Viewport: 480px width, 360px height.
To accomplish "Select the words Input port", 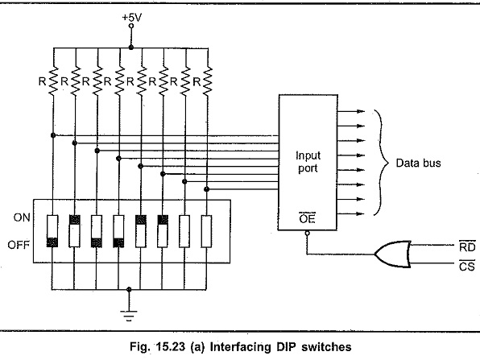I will click(307, 162).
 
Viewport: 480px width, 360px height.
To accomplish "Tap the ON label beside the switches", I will click(22, 217).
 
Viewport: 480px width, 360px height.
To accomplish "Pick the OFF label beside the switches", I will click(22, 242).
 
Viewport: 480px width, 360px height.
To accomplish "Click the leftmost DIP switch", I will click(52, 230).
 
